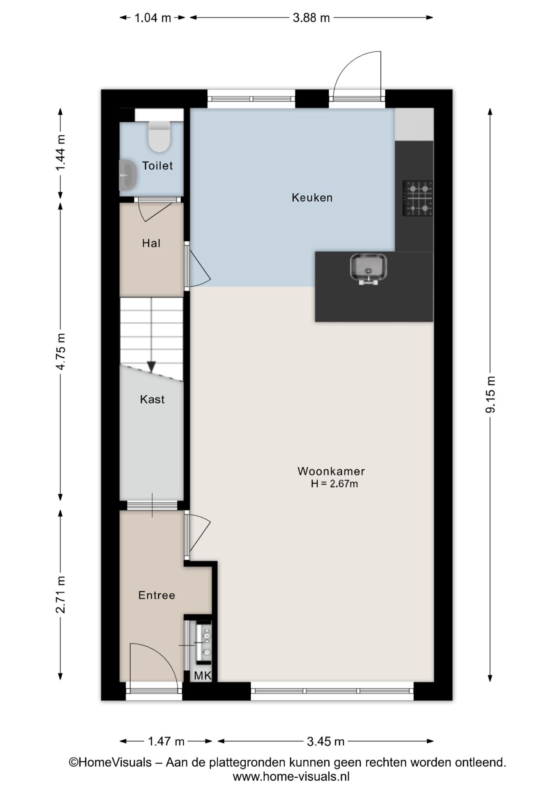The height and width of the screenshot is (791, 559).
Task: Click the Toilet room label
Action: click(157, 166)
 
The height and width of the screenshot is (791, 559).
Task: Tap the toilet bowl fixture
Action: click(159, 136)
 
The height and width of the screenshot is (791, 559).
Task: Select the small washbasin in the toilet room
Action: click(128, 176)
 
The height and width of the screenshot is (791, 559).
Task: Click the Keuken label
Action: click(312, 198)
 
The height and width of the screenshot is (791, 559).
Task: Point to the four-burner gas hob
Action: click(418, 199)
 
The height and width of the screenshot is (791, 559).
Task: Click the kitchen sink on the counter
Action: click(368, 269)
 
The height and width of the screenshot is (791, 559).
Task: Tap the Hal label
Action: click(151, 243)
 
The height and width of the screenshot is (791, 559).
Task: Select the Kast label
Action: click(152, 399)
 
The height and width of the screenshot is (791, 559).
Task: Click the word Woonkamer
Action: click(331, 471)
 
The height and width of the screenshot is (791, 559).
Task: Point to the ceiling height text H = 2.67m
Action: click(334, 484)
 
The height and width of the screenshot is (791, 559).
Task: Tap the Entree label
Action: click(157, 595)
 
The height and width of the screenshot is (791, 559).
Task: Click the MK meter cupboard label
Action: click(203, 676)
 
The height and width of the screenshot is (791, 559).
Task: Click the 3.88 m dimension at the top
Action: click(311, 18)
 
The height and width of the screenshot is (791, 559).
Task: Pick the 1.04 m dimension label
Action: click(153, 18)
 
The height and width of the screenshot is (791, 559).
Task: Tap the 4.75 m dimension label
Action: click(61, 351)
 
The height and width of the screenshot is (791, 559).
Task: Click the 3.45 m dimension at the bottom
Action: click(326, 742)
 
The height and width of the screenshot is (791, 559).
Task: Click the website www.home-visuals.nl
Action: click(291, 777)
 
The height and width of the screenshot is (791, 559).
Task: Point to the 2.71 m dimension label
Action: click(61, 594)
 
